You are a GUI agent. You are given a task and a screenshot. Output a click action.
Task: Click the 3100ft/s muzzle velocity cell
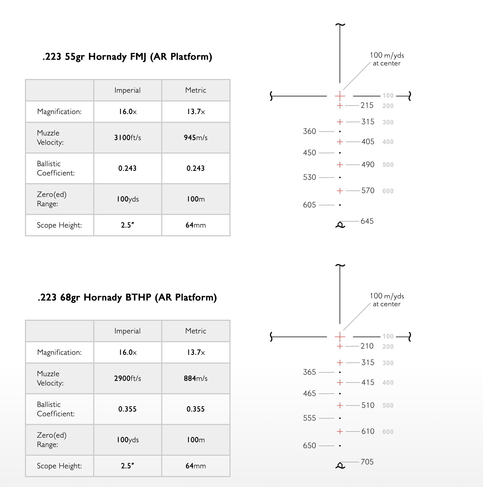(127, 137)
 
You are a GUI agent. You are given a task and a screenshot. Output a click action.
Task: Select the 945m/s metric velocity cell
(195, 137)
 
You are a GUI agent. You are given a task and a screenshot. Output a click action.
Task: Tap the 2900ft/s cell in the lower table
(127, 378)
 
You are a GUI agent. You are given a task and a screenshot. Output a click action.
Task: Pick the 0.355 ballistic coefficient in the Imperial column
(127, 409)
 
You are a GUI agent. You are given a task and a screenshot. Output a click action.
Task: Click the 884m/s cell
(195, 378)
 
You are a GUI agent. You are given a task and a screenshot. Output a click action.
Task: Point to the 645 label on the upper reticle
(367, 221)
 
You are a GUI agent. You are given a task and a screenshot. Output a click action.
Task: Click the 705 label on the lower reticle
(367, 462)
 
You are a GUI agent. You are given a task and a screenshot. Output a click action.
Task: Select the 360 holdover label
(309, 131)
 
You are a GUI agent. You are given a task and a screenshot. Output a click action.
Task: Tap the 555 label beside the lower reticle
(309, 418)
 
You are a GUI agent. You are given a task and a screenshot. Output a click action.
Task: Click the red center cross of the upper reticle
(340, 96)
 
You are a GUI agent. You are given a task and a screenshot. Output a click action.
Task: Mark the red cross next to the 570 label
(340, 191)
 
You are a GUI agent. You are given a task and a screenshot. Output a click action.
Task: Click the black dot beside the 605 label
(340, 205)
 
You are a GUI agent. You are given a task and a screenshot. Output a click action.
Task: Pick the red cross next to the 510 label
(340, 405)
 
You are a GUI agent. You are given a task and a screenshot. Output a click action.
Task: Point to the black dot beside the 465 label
(340, 393)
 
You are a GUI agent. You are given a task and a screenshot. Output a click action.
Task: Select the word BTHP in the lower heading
(138, 297)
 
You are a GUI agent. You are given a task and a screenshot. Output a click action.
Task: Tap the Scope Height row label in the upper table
(59, 225)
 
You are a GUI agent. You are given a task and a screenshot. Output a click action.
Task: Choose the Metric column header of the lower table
(195, 331)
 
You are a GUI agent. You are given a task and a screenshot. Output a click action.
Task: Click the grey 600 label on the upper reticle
(388, 191)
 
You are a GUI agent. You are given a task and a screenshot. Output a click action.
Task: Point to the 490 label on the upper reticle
(368, 165)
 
